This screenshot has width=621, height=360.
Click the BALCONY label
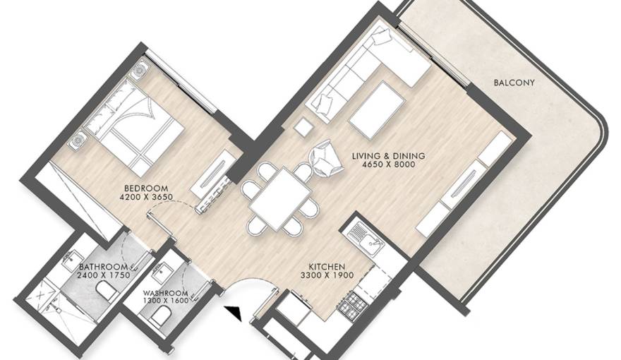(514, 83)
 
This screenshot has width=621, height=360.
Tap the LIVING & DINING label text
(389, 155)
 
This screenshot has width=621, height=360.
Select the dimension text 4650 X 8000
(389, 164)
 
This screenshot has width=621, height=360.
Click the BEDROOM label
(146, 188)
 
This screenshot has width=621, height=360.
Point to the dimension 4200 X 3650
(146, 196)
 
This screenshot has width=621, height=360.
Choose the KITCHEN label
(327, 267)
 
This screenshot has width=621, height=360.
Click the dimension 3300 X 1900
(327, 275)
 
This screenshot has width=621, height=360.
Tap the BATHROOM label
(103, 267)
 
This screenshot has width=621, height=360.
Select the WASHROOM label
(166, 294)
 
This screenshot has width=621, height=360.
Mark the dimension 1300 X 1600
(166, 301)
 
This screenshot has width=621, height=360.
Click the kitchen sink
(366, 238)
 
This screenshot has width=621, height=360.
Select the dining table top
(280, 199)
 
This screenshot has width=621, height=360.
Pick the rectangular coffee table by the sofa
(377, 110)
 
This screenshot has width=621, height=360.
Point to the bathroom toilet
(105, 291)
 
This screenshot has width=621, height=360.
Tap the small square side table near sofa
(303, 128)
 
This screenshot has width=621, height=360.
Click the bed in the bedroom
(132, 125)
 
